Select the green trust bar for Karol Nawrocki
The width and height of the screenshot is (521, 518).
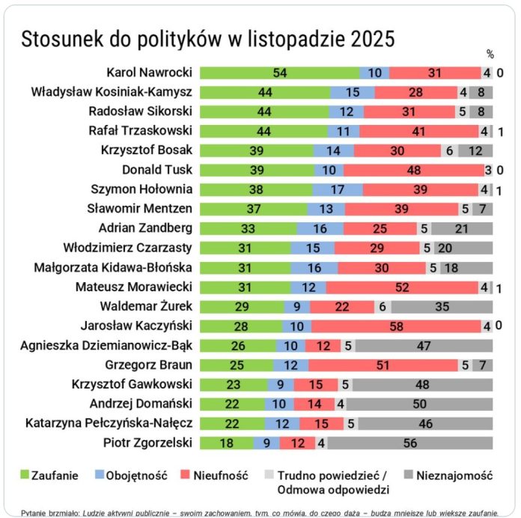[280, 73]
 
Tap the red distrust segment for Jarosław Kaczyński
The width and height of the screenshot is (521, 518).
[396, 326]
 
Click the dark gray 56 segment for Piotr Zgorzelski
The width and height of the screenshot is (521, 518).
[409, 442]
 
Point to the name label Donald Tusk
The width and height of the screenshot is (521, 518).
[157, 170]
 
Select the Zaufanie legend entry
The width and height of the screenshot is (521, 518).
[49, 474]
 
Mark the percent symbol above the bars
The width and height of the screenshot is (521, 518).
[490, 54]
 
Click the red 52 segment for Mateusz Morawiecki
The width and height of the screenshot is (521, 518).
[402, 287]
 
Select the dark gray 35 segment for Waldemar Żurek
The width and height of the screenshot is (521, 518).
[442, 306]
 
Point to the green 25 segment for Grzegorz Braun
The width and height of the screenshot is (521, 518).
[237, 365]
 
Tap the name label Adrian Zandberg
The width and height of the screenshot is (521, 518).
[145, 228]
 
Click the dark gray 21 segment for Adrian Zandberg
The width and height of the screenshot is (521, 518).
[461, 228]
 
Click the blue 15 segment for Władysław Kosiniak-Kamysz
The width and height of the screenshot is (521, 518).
[353, 92]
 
